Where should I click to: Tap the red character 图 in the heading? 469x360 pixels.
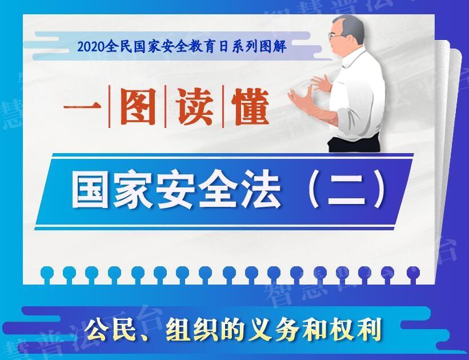138,107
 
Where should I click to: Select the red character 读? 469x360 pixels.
194,107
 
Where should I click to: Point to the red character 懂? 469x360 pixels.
251,107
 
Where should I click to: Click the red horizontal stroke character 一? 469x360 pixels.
82,107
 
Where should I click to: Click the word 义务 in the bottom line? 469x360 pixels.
274,330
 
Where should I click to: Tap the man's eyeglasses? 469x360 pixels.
335,35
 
